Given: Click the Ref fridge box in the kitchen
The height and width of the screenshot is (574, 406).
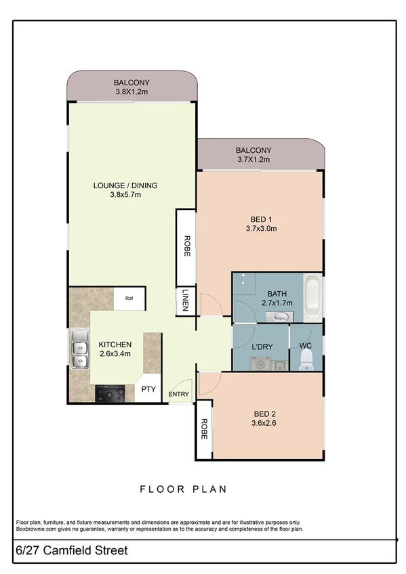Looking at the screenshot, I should click(x=129, y=298).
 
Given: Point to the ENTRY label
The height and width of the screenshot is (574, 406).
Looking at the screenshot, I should click(x=179, y=393).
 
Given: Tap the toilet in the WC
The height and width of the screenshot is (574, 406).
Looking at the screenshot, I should click(x=305, y=362).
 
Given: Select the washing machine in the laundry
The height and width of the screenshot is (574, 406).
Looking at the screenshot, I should click(x=258, y=363).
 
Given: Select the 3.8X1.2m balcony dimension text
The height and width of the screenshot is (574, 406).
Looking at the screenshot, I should click(x=131, y=92).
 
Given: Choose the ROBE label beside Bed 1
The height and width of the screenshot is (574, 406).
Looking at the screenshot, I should click(x=186, y=245).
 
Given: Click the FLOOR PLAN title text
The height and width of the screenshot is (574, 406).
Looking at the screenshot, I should click(x=183, y=489).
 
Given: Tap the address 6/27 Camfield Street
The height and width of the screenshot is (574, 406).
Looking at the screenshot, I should click(x=70, y=551).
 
